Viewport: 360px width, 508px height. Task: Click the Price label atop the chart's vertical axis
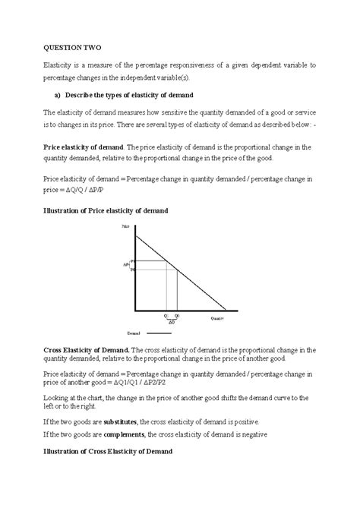(125, 227)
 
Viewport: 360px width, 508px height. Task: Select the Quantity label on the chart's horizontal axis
(218, 317)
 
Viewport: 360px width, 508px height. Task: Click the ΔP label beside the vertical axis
(126, 264)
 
